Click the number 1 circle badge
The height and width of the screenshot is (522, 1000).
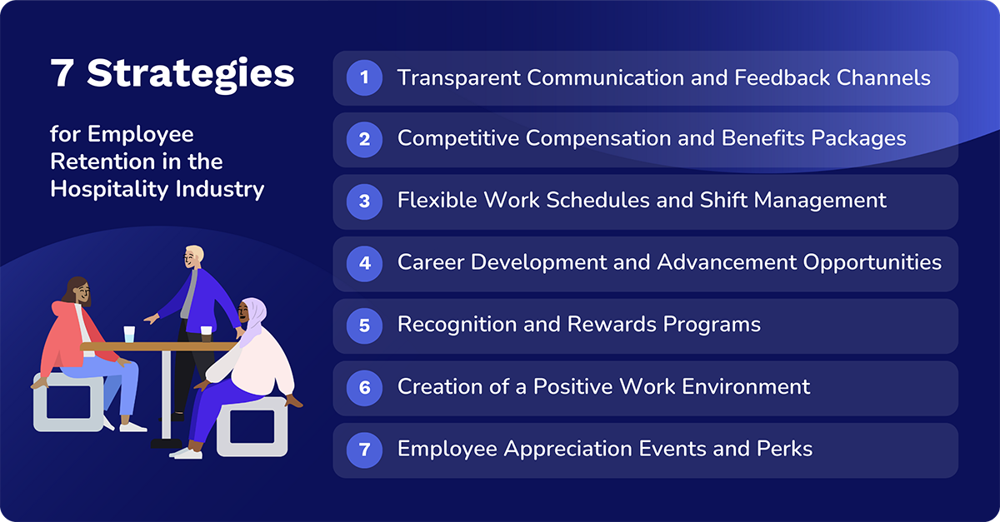(x=364, y=78)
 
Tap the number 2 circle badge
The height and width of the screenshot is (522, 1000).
(x=364, y=140)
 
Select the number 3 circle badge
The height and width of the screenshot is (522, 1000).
(x=364, y=201)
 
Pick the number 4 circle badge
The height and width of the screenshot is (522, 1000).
(x=364, y=263)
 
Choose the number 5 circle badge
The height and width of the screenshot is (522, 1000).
(x=364, y=326)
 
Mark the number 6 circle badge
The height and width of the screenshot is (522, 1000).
(x=364, y=387)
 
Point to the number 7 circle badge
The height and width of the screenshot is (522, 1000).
(x=364, y=450)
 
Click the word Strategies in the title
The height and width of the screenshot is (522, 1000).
(x=191, y=74)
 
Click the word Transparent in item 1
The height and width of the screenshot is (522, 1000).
(x=458, y=78)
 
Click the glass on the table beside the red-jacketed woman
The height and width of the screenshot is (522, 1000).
(x=129, y=334)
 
